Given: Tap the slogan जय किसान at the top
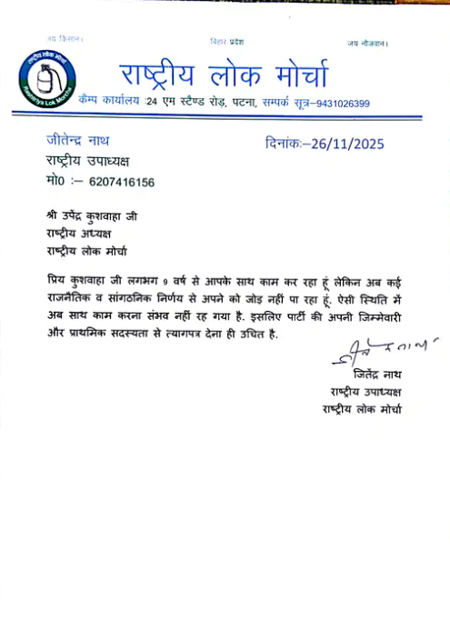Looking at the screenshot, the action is pyautogui.click(x=65, y=40).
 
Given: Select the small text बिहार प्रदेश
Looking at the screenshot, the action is pyautogui.click(x=226, y=42).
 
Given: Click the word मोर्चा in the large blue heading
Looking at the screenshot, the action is pyautogui.click(x=293, y=75).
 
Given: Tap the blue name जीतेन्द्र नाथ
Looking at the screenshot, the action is pyautogui.click(x=79, y=141).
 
